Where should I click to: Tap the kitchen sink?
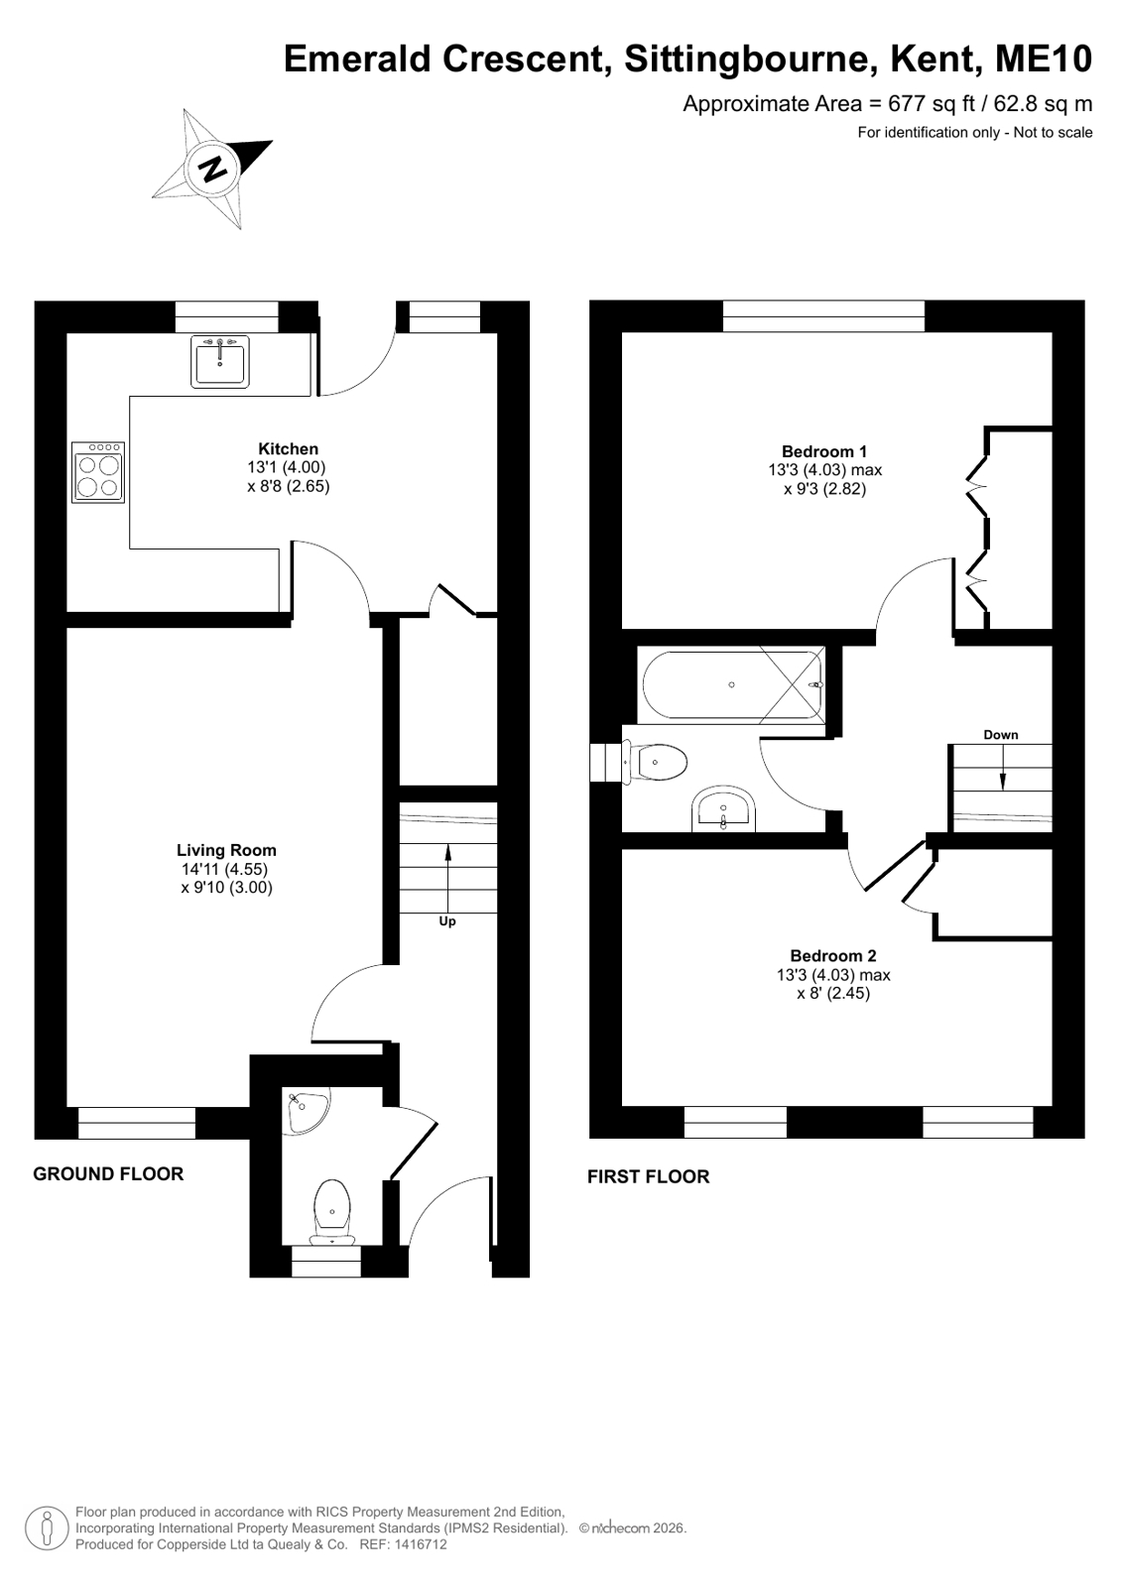(219, 361)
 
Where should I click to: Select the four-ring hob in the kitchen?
(98, 472)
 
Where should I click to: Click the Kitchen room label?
(288, 449)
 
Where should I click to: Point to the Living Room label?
(226, 850)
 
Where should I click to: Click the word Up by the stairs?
(447, 921)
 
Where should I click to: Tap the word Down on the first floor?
(1000, 735)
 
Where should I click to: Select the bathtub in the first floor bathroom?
(732, 684)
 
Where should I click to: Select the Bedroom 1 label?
(824, 451)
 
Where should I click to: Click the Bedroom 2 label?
(833, 956)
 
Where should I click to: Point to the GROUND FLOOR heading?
(108, 1174)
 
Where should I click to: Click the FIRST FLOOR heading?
(648, 1176)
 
